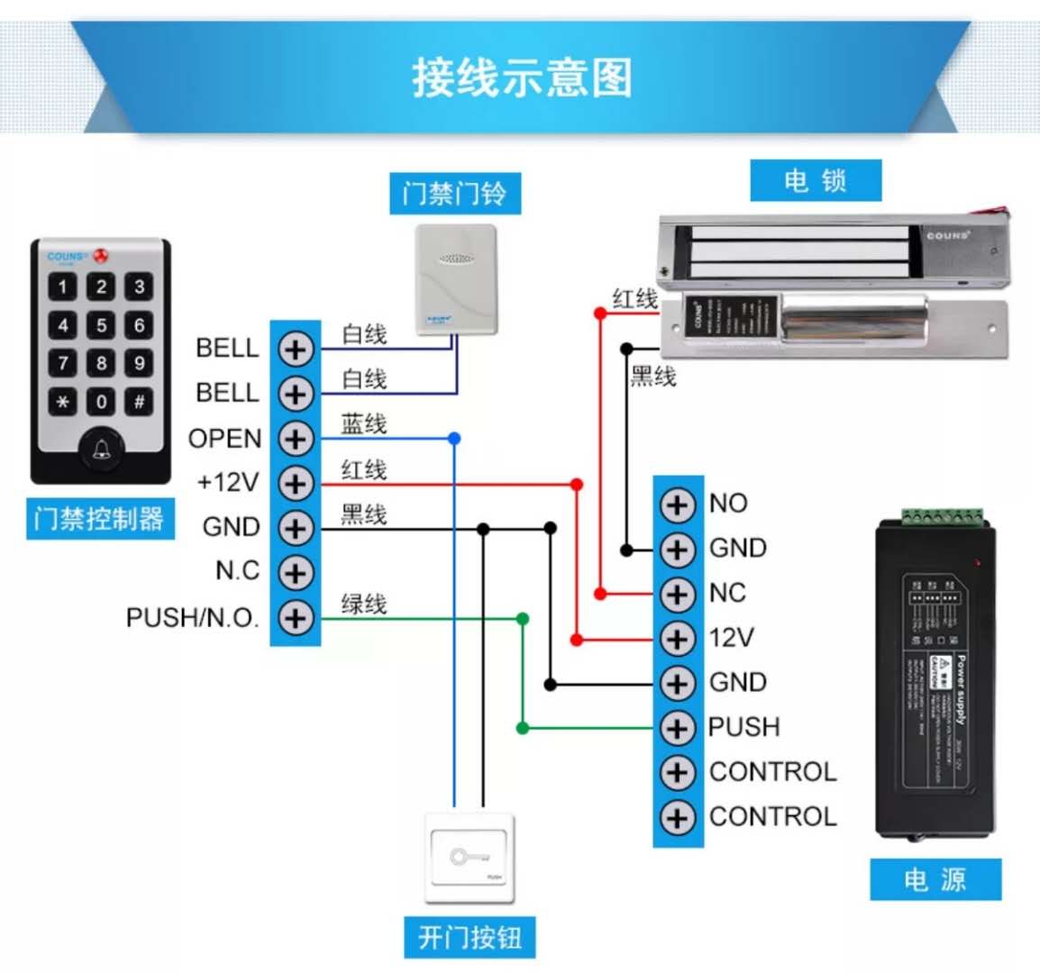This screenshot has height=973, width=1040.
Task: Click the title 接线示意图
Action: click(522, 77)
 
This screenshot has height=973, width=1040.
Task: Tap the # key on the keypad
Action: click(139, 402)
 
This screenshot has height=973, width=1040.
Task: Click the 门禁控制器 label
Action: click(99, 519)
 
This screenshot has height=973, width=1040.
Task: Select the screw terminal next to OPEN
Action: click(296, 439)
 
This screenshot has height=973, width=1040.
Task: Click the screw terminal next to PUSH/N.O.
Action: click(296, 618)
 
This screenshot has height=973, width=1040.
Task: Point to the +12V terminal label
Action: click(228, 483)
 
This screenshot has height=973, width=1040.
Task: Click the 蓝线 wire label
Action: click(364, 423)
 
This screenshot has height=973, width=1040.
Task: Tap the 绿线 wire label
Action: click(364, 604)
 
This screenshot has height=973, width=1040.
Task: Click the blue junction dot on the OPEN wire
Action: click(454, 439)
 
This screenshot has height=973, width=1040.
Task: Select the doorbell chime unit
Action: click(456, 279)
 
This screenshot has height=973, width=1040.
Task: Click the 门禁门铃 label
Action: click(455, 194)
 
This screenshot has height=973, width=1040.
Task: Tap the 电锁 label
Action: click(816, 181)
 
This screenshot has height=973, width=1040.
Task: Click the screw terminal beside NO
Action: click(678, 505)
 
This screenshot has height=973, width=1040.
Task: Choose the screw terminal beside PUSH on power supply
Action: click(678, 727)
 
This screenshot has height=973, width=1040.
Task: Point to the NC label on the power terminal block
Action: click(727, 593)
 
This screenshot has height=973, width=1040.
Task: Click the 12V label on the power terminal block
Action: click(731, 638)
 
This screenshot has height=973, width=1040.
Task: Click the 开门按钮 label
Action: click(470, 938)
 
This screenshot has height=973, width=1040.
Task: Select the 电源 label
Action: click(935, 879)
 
